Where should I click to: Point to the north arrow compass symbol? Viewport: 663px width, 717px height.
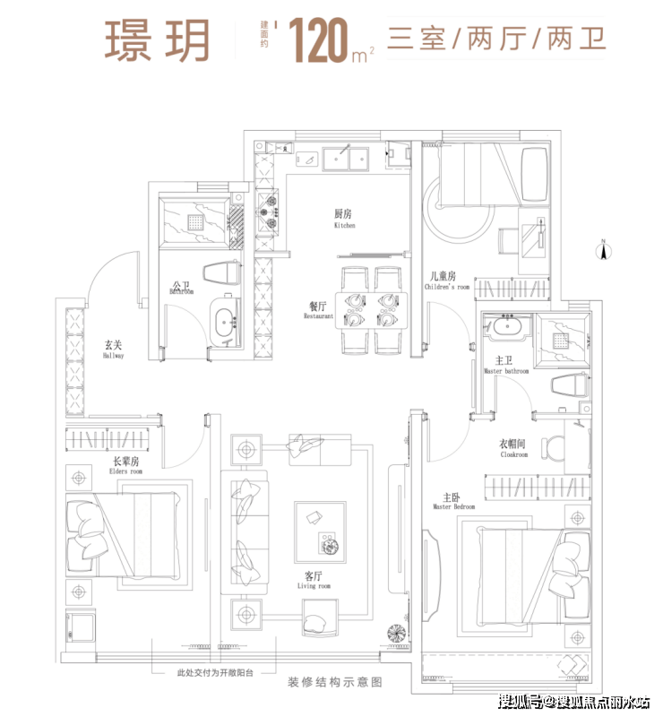(x=605, y=250)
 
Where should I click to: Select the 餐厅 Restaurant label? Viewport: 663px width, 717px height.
(x=317, y=310)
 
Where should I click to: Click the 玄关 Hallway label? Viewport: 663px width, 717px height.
(x=113, y=349)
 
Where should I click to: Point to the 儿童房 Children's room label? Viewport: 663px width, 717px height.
(x=446, y=281)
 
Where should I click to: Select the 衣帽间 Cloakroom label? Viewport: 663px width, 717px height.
(x=514, y=449)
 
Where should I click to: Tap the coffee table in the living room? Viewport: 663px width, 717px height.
(x=320, y=529)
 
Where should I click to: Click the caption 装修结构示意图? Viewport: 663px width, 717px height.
(x=335, y=683)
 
